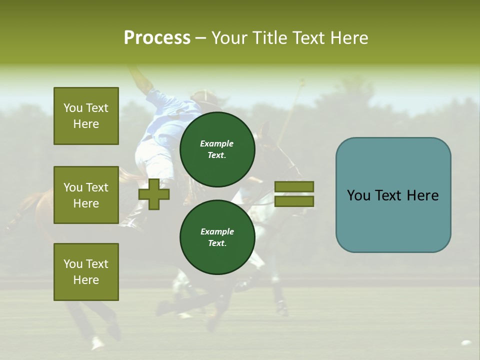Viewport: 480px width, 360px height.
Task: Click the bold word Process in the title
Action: (157, 38)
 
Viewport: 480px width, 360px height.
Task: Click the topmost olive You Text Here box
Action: (86, 116)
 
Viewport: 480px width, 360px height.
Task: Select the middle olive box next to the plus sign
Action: (86, 195)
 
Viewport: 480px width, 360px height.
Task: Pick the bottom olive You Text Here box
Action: (86, 272)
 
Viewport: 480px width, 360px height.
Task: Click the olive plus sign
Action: (154, 194)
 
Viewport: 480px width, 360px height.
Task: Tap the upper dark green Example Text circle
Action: (217, 149)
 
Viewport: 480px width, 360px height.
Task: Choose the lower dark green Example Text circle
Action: (217, 237)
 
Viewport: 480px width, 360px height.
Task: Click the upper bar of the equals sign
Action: (294, 186)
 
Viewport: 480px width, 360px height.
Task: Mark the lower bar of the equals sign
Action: (294, 201)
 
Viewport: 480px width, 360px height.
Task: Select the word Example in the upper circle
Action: (216, 143)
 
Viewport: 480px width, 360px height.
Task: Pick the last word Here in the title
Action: (349, 38)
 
